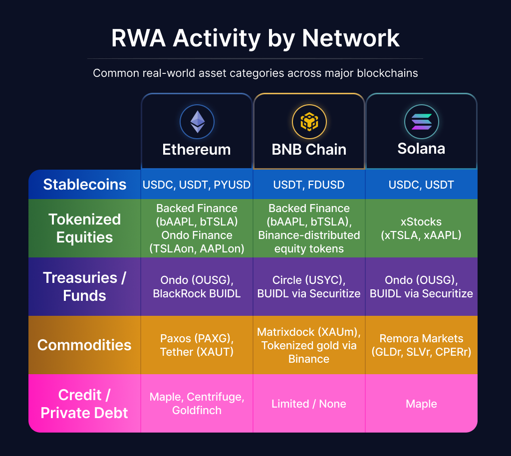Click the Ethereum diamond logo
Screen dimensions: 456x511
197,122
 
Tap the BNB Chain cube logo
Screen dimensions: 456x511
309,122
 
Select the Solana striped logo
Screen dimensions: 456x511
421,122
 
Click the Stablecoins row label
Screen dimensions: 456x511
85,185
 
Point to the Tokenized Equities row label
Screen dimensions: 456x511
85,228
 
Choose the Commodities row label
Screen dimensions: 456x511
85,345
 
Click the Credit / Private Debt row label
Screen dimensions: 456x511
85,404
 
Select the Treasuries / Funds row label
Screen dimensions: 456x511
85,286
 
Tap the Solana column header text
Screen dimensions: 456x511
421,149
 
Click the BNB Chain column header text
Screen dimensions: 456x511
309,150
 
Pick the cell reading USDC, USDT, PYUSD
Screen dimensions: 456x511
197,185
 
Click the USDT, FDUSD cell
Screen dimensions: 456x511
309,185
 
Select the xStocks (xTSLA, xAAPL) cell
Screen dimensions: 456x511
421,228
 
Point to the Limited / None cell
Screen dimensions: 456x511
309,404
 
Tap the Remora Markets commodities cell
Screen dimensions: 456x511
421,345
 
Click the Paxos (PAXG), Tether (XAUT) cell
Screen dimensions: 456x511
197,345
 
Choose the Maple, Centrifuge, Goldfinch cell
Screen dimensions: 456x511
197,404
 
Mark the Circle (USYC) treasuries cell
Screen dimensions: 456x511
309,287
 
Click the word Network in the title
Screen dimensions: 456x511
351,38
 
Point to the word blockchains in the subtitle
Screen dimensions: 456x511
387,73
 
